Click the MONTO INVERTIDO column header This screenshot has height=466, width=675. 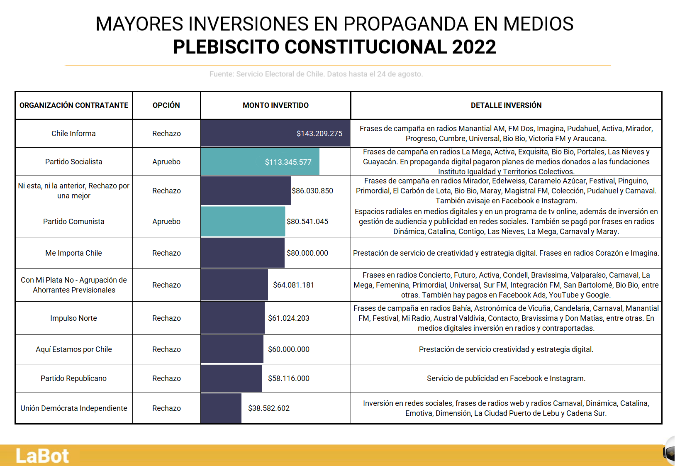click(x=275, y=105)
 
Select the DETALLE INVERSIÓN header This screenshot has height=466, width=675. click(x=506, y=105)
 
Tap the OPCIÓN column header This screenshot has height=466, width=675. click(x=166, y=105)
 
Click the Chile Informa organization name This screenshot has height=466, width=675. click(x=73, y=134)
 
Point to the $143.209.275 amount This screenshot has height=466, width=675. click(x=319, y=134)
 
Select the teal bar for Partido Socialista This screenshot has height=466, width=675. click(x=260, y=161)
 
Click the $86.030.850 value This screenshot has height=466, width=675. click(x=312, y=191)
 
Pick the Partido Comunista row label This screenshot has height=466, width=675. click(x=73, y=222)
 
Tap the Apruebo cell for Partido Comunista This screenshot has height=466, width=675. click(x=166, y=222)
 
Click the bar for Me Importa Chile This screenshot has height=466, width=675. click(x=243, y=253)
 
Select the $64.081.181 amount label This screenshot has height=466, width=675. click(x=293, y=285)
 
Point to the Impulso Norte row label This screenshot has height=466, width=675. click(x=73, y=318)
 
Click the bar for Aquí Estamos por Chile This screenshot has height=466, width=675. click(x=232, y=349)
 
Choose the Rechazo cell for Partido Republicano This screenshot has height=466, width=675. click(x=166, y=378)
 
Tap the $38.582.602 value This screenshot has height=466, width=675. click(x=268, y=408)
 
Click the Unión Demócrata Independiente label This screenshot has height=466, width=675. click(x=73, y=408)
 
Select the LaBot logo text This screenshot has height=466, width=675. click(x=42, y=456)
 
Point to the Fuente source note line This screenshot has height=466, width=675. click(x=316, y=74)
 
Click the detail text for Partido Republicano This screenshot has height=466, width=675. click(x=506, y=378)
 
